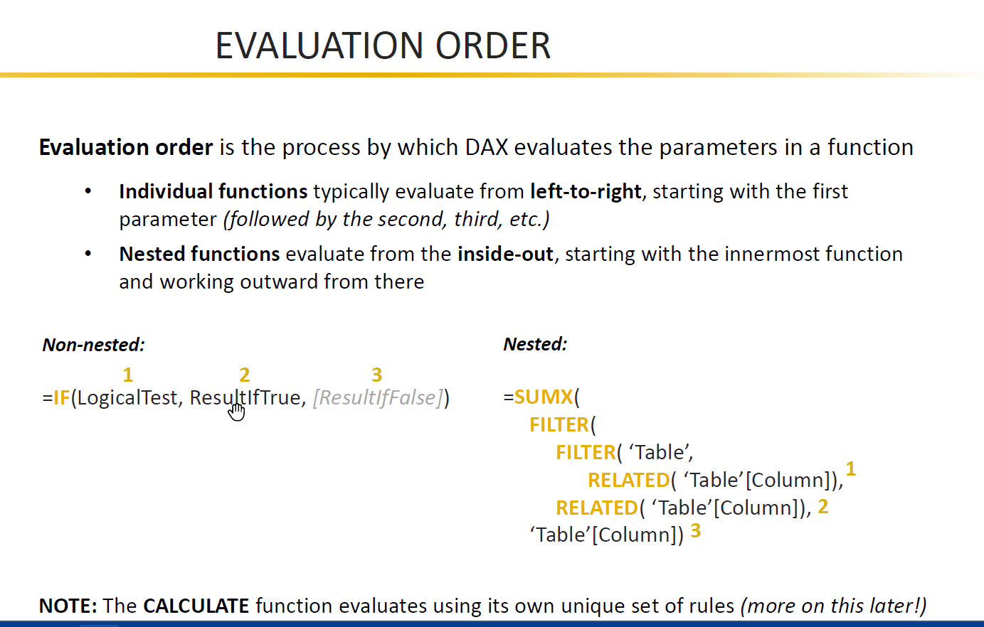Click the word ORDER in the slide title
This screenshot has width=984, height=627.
pos(493,45)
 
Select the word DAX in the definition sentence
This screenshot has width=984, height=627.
pos(486,147)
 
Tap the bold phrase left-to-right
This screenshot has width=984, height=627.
pos(586,192)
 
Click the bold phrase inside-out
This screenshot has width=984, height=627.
pos(505,254)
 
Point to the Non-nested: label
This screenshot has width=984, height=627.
pos(94,345)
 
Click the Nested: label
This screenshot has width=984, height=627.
pos(535,344)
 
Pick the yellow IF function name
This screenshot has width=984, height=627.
pos(61,397)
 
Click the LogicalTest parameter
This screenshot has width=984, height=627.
pos(127,398)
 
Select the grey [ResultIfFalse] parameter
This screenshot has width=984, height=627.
pos(378,398)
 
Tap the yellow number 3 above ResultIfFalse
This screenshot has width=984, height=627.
pos(377,375)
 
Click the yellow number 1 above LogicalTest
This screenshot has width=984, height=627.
pos(128,375)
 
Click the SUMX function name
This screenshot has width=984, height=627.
pos(544,397)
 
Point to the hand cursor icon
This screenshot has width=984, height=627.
pos(236,412)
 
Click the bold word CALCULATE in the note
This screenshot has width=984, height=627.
pos(196,606)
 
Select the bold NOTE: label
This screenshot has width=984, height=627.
pos(68,606)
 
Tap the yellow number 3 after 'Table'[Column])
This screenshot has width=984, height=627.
pos(695,530)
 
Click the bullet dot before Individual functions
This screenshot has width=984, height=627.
pos(88,191)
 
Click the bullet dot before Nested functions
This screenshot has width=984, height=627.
pos(88,254)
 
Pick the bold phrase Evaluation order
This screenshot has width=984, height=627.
pos(126,147)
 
